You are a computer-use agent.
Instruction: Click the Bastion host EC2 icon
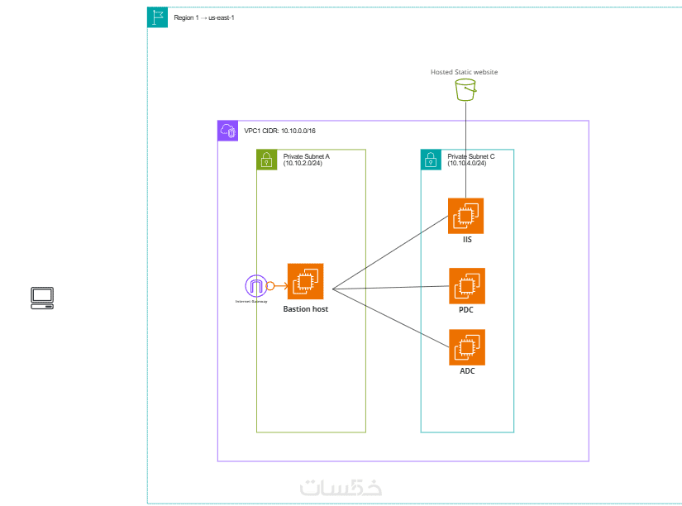click(305, 281)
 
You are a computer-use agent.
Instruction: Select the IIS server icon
click(466, 216)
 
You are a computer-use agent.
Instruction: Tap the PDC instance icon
click(467, 286)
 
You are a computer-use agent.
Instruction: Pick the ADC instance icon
click(467, 347)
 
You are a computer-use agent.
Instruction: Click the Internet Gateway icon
click(256, 286)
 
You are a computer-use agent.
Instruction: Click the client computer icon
click(42, 298)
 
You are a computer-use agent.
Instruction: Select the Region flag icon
click(157, 17)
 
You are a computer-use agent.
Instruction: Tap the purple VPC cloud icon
click(227, 131)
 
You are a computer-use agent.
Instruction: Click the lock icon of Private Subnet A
click(266, 160)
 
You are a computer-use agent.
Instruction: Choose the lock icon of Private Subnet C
click(431, 160)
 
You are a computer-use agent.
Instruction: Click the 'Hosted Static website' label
click(464, 72)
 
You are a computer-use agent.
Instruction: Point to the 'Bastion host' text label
click(305, 309)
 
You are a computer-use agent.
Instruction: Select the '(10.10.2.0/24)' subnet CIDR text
click(302, 163)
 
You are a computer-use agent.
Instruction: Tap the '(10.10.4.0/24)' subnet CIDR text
click(466, 163)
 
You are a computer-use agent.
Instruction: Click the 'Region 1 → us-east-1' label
click(204, 17)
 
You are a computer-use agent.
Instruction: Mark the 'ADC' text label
click(467, 371)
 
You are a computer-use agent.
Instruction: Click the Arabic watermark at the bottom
click(341, 487)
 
